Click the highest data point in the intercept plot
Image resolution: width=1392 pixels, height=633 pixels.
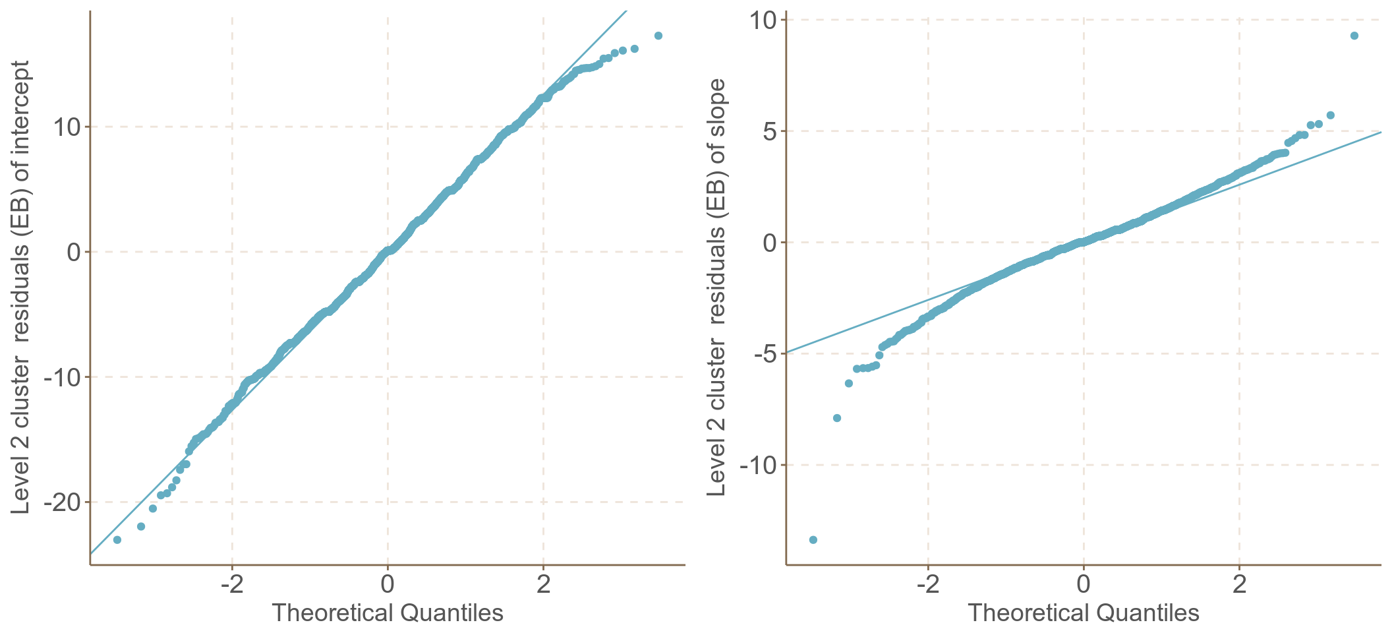[658, 36]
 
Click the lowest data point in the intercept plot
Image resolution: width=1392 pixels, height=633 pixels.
[117, 540]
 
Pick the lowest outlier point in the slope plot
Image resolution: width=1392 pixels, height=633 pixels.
[813, 540]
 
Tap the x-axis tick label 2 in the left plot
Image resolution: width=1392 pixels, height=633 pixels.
[543, 584]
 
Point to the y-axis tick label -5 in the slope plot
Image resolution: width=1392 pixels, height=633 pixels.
[762, 353]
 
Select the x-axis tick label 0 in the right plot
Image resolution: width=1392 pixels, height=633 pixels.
[1084, 584]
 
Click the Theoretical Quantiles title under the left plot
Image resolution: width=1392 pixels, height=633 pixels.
[388, 613]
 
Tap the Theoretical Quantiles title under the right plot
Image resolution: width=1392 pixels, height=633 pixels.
[1084, 613]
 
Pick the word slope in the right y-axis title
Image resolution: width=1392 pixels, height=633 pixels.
[717, 106]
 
